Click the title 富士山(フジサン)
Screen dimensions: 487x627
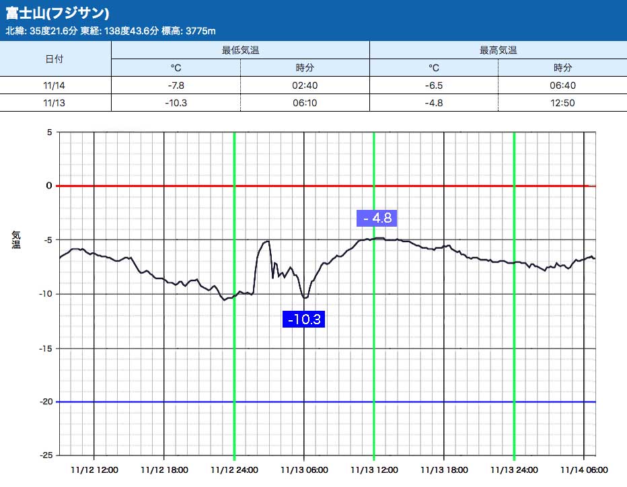click(x=58, y=13)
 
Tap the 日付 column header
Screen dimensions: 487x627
click(x=54, y=59)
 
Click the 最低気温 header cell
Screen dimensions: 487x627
click(x=240, y=50)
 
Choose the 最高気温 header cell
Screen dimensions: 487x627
click(x=498, y=50)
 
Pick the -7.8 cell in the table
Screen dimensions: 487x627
click(x=175, y=85)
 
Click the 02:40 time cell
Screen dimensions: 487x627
click(x=305, y=85)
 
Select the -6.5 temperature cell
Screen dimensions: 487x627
click(x=434, y=85)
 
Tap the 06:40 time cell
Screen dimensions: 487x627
click(x=562, y=85)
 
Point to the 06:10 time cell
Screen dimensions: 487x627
click(x=305, y=103)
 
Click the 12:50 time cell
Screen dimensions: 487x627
click(x=562, y=103)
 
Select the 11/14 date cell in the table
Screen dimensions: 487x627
click(x=54, y=85)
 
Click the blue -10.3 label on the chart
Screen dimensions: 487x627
click(x=305, y=319)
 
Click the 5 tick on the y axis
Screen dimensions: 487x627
click(x=49, y=132)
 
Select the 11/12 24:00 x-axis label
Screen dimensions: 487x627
click(x=233, y=470)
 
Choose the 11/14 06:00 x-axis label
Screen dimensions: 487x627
click(x=583, y=470)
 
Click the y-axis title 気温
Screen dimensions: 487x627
click(x=16, y=239)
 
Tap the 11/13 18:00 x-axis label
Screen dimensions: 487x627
click(x=443, y=470)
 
